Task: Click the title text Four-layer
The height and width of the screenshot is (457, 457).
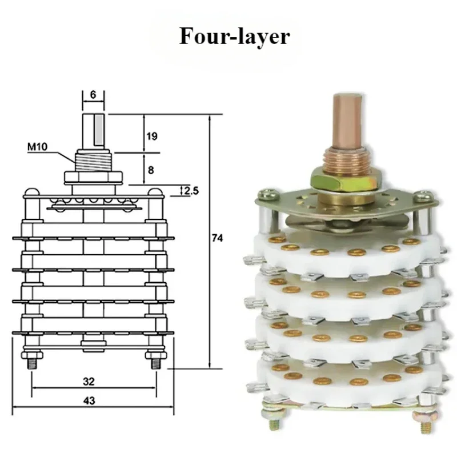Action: (234, 37)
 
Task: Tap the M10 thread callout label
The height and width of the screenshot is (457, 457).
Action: (37, 147)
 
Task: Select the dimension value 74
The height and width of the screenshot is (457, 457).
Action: (217, 238)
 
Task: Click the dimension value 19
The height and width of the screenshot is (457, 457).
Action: (152, 136)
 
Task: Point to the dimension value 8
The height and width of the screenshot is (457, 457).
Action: (151, 170)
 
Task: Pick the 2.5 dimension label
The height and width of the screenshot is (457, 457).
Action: (191, 191)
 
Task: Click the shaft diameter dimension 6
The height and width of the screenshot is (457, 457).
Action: (93, 95)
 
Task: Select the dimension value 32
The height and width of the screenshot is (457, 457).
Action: (89, 381)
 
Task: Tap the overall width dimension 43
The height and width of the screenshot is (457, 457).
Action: (89, 401)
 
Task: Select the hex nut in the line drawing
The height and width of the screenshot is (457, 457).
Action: (93, 178)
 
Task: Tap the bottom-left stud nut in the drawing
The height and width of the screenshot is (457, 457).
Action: (32, 355)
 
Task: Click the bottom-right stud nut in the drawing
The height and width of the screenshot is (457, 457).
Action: (156, 355)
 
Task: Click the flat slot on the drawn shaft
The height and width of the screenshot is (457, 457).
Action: (99, 130)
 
